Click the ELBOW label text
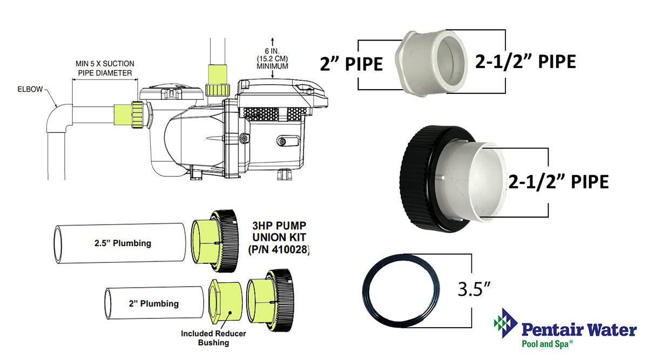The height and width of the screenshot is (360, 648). (31, 90)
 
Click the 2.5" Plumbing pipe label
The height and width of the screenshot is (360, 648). (122, 243)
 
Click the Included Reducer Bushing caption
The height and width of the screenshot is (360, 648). (213, 338)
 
